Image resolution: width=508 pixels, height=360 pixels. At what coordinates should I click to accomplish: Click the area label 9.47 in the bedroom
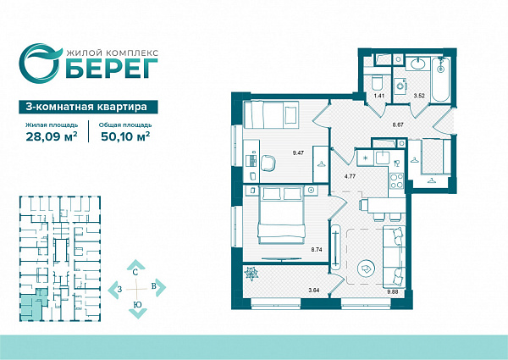[x=298, y=153]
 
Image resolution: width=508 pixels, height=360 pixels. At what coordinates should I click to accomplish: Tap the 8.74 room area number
[x=317, y=250]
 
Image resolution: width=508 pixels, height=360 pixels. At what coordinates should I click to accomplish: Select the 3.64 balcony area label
[x=314, y=291]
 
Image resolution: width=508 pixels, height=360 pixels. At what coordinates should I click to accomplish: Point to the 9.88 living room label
[x=393, y=291]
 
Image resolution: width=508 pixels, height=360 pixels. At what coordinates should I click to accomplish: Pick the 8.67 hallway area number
[x=398, y=125]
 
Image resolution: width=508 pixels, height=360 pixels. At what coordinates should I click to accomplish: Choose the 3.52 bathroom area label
[x=419, y=96]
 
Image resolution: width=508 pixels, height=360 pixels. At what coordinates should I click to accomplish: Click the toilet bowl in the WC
[x=377, y=82]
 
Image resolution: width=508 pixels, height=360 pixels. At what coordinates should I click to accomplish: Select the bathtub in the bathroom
[x=440, y=80]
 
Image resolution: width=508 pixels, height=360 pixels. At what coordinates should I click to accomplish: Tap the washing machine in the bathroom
[x=400, y=86]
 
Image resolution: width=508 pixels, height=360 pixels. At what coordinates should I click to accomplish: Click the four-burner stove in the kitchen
[x=397, y=181]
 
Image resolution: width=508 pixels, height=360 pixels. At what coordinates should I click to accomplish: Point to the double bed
[x=281, y=214]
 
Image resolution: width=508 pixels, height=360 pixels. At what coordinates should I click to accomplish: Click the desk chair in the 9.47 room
[x=268, y=163]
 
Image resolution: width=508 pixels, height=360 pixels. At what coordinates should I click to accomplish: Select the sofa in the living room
[x=394, y=256]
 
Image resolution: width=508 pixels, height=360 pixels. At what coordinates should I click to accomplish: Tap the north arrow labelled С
[x=135, y=267]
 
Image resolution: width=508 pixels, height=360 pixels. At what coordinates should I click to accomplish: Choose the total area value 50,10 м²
[x=125, y=136]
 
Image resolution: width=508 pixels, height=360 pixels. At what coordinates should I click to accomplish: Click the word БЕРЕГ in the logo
[x=112, y=69]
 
